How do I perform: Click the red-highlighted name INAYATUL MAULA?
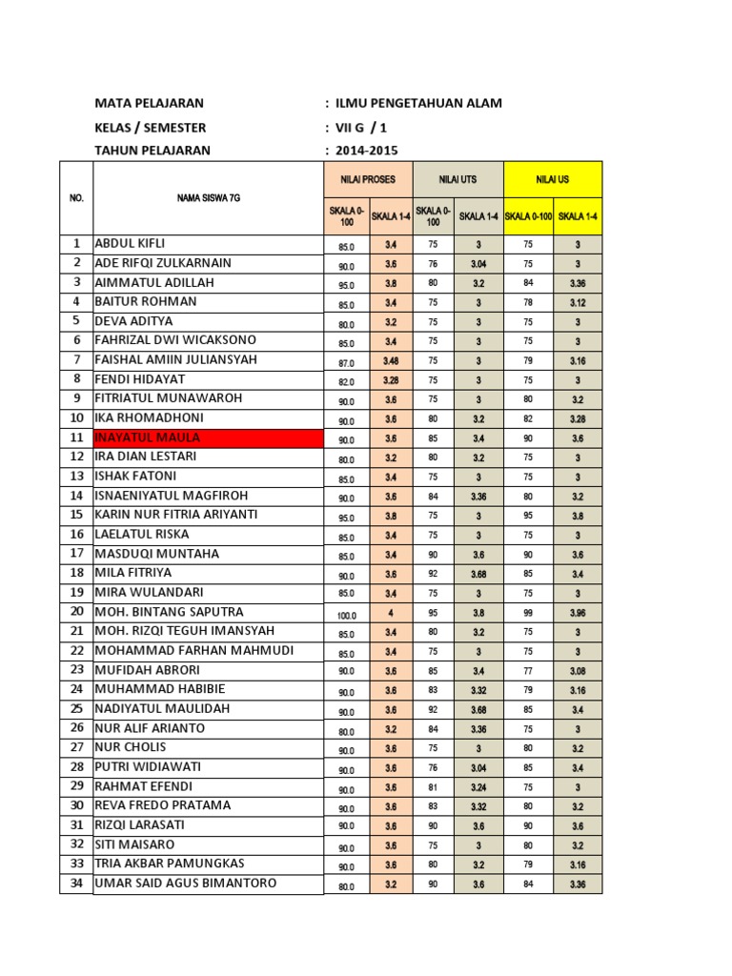click(x=148, y=437)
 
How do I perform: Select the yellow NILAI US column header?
click(x=553, y=179)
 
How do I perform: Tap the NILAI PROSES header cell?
click(x=367, y=179)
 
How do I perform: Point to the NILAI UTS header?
click(x=457, y=179)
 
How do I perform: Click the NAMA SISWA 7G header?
click(x=208, y=198)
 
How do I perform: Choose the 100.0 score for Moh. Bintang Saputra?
click(x=346, y=614)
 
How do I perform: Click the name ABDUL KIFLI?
click(x=131, y=243)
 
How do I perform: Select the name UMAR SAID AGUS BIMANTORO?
click(x=186, y=884)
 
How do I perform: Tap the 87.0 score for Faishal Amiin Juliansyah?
click(x=346, y=362)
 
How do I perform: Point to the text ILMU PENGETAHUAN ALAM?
click(x=417, y=104)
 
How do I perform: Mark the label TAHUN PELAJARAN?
click(x=152, y=151)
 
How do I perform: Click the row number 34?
click(x=76, y=884)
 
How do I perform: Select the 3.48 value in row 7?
click(x=391, y=361)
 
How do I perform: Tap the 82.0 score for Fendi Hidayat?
click(x=346, y=381)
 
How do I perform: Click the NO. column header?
click(x=76, y=198)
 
